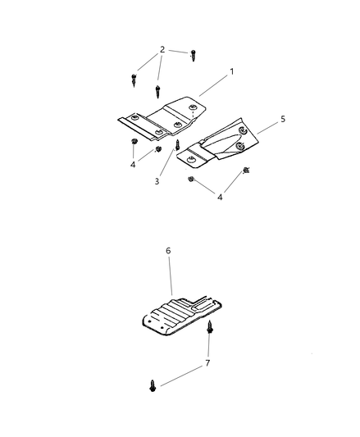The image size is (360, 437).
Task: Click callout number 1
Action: coord(231,71)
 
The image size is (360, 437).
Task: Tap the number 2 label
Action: coord(162,50)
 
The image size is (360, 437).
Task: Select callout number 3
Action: coord(157,181)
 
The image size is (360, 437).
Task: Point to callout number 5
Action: coord(283,119)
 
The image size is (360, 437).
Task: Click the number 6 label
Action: coord(168,251)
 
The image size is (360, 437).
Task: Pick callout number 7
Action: coord(207,363)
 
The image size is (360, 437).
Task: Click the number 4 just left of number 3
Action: coord(133,165)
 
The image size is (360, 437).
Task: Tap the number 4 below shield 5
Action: coord(220,198)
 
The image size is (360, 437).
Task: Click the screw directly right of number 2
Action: coord(194,56)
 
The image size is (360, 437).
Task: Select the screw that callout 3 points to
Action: coord(177,144)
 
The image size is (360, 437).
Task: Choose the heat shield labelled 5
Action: coord(218,143)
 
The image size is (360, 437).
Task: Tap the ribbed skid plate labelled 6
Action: coord(182,315)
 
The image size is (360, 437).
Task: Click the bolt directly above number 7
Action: coord(209,327)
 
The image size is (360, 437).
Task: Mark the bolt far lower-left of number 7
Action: coord(153,385)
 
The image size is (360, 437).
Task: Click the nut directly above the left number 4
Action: coord(134,141)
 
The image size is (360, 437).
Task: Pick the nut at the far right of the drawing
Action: coord(246,171)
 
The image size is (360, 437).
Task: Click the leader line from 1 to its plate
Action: coord(213,85)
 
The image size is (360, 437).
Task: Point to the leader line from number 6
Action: coord(170,275)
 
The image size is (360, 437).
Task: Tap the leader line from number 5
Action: coord(267,128)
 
